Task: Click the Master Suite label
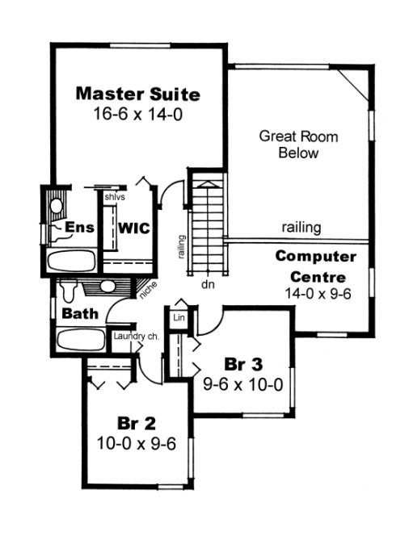click(137, 94)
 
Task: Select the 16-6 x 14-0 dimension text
click(137, 115)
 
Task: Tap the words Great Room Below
click(298, 144)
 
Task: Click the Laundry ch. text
click(134, 337)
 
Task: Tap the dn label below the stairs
click(207, 284)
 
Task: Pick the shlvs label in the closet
click(112, 196)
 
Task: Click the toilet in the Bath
click(69, 288)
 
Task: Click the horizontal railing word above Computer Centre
click(302, 228)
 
